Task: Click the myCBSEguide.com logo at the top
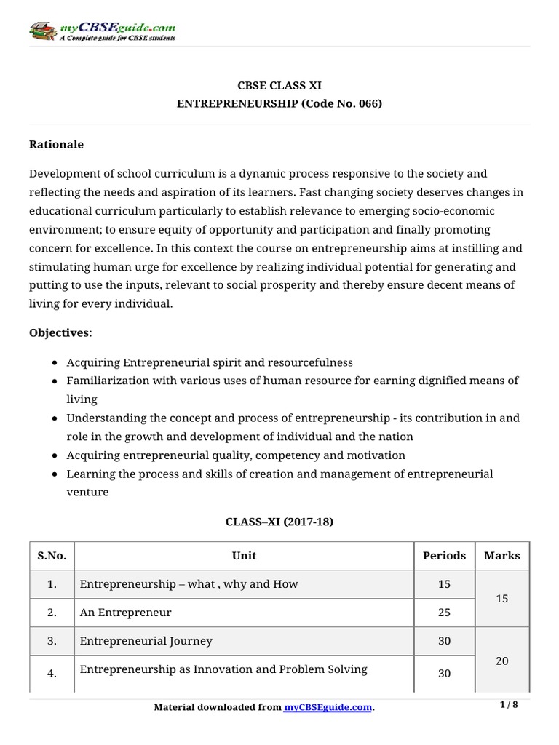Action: click(x=102, y=31)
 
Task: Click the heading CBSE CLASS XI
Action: click(x=279, y=86)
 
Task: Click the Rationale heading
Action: click(x=56, y=144)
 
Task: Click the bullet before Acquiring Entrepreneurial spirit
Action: click(x=56, y=362)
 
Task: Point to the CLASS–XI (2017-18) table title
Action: click(x=279, y=522)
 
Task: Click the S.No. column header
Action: click(x=52, y=555)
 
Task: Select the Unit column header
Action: click(x=244, y=555)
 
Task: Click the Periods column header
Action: click(x=444, y=555)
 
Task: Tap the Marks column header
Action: click(x=502, y=555)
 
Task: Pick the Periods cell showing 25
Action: click(x=444, y=613)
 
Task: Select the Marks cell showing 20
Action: click(x=502, y=661)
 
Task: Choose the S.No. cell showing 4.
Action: click(x=52, y=674)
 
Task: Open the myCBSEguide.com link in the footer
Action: click(x=328, y=707)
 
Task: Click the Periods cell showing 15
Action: click(x=444, y=584)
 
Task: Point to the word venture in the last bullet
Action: click(x=87, y=492)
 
